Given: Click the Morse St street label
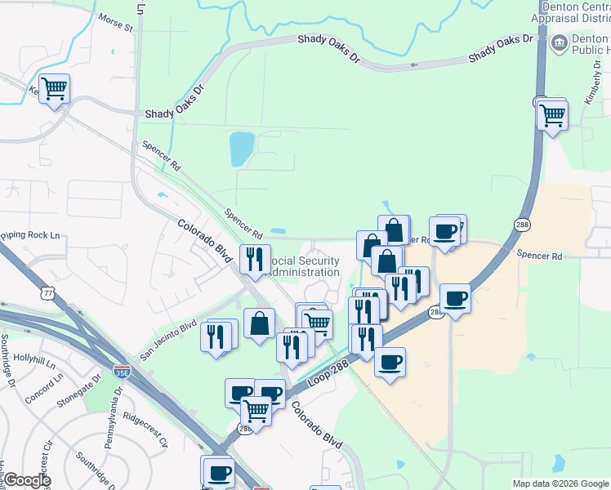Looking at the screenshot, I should [x=115, y=21].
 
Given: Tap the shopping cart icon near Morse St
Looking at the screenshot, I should [x=54, y=88].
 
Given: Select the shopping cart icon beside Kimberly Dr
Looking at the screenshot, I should [x=553, y=114].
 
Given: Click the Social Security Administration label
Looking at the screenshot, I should [x=304, y=266].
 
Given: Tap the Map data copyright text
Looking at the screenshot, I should [x=560, y=483].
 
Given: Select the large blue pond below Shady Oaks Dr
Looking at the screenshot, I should [x=242, y=149].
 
